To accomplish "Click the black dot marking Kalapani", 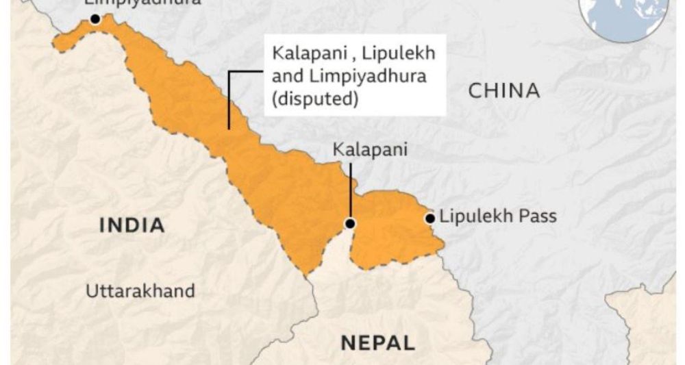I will pos(350,223).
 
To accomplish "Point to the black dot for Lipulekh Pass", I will pos(430,218).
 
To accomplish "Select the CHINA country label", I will pos(504,90).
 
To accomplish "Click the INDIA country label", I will pos(132,225).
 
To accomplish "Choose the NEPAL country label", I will pos(377,342).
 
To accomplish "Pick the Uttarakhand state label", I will pos(140,290).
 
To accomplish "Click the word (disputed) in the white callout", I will pos(315,99).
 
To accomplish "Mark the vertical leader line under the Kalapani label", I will pos(350,192).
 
